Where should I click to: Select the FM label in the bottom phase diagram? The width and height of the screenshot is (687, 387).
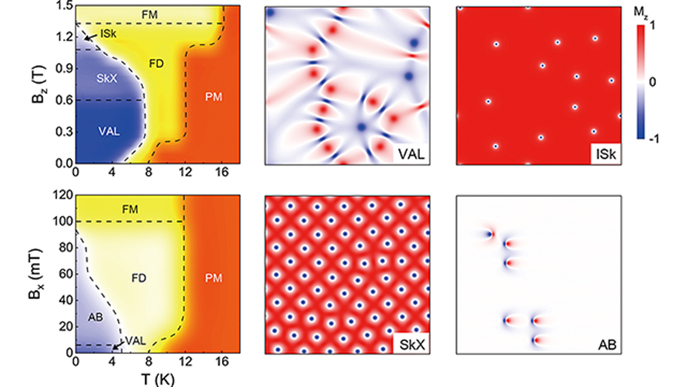pos(130,209)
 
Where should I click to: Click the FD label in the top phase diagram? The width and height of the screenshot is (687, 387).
pos(156,62)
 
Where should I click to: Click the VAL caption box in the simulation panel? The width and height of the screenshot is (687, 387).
pos(411,154)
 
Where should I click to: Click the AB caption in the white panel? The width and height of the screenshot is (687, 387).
pos(604,343)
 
